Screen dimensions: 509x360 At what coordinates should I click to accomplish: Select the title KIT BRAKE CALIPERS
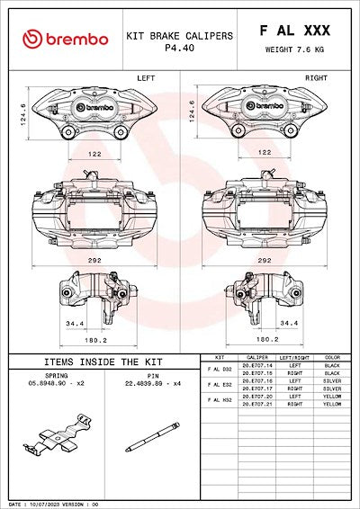click(180, 36)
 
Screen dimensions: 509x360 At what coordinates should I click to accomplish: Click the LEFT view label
click(146, 78)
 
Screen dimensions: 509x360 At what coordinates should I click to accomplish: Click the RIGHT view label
click(316, 78)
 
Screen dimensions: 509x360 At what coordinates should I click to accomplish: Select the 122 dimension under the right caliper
click(264, 153)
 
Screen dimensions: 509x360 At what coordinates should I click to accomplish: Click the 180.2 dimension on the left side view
click(94, 341)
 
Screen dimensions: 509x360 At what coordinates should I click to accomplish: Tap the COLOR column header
click(332, 358)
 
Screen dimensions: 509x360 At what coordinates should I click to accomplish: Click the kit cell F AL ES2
click(220, 385)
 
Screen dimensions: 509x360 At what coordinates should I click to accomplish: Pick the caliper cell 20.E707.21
click(256, 404)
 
